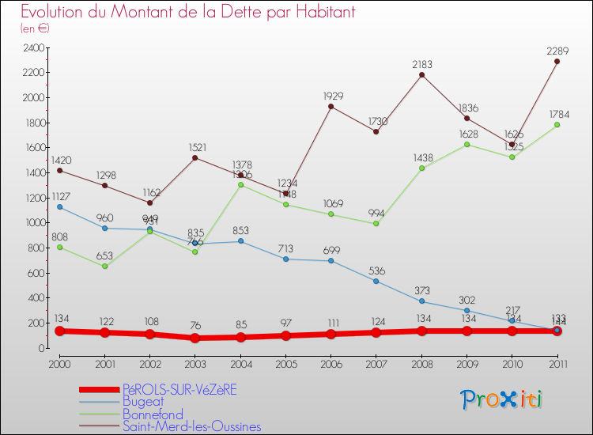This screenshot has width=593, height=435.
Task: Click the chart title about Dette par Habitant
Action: (187, 13)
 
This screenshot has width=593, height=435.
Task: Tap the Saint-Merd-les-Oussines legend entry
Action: (191, 427)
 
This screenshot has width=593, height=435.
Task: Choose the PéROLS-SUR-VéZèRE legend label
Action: (179, 389)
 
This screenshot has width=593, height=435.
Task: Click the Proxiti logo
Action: (502, 399)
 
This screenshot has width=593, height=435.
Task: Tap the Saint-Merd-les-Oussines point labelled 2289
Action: (557, 62)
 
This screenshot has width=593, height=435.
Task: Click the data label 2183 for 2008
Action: (421, 63)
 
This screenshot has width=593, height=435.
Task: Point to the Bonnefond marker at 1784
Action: (557, 125)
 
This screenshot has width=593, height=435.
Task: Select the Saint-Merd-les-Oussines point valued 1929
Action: (330, 107)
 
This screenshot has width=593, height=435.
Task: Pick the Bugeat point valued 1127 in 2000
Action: (59, 207)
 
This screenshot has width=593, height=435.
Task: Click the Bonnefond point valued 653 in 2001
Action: (104, 267)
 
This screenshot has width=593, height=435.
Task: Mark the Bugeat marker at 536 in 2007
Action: (376, 281)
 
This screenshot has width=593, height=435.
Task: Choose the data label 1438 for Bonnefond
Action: (421, 157)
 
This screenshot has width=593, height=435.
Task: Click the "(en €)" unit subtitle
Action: (36, 28)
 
